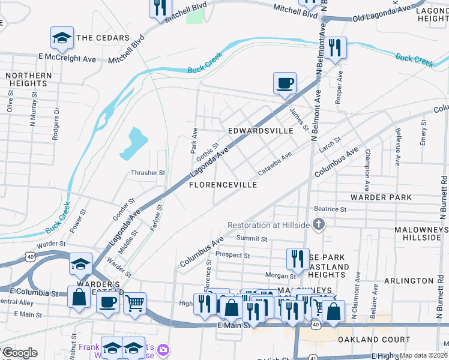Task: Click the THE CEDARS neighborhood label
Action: (103, 38)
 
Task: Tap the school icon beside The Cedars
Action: (62, 38)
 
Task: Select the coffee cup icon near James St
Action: (285, 83)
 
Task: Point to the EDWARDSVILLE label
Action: (261, 130)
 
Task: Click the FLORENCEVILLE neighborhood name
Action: (223, 185)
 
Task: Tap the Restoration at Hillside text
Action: (268, 226)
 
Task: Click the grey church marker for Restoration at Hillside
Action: (319, 225)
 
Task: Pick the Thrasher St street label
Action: (148, 173)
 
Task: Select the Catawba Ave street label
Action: (274, 163)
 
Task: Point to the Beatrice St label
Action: (331, 209)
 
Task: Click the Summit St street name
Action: (252, 239)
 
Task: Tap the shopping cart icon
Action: (134, 303)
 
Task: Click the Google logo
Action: (19, 353)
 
